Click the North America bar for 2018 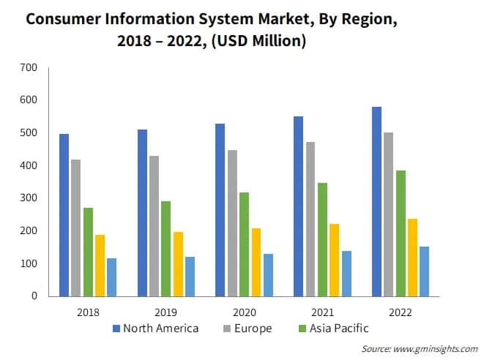point(64,215)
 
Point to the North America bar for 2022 point(376,201)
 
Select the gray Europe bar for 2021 point(310,219)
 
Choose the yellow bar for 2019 point(177,264)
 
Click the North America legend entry point(155,328)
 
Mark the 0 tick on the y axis point(33,296)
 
